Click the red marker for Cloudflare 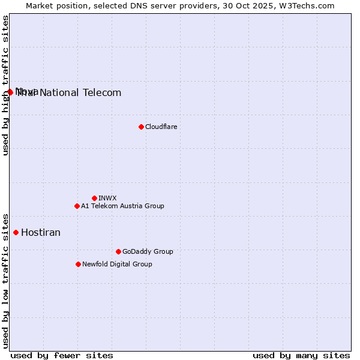(141, 127)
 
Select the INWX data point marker (94, 198)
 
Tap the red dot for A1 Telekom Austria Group (77, 206)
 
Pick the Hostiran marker (16, 232)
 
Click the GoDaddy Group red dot (118, 251)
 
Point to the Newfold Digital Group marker (78, 264)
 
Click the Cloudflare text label (161, 127)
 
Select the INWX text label (107, 198)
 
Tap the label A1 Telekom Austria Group (122, 206)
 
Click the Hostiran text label (41, 232)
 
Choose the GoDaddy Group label (148, 251)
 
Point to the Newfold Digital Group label (117, 264)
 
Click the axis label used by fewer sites (62, 355)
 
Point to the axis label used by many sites (301, 355)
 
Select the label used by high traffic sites (5, 85)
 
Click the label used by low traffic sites (5, 280)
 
